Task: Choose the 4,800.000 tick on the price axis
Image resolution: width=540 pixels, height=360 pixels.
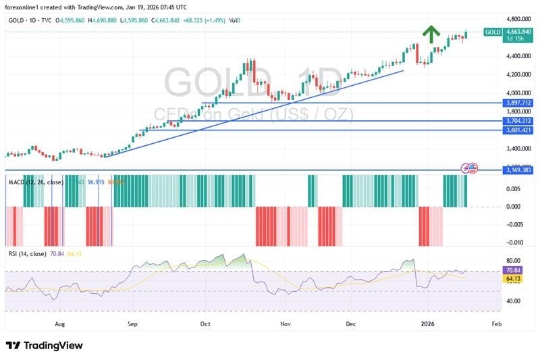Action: pyautogui.click(x=519, y=20)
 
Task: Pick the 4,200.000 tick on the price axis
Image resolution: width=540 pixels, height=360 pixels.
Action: pyautogui.click(x=519, y=74)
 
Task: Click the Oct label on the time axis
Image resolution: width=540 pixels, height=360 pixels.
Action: pyautogui.click(x=205, y=324)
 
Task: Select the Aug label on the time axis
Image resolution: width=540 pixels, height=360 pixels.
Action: pyautogui.click(x=59, y=324)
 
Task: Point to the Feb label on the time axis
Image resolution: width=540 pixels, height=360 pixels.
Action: pyautogui.click(x=496, y=324)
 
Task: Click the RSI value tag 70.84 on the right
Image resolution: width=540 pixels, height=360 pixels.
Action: pyautogui.click(x=514, y=269)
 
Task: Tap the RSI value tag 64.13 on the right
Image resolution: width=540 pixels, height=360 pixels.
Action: pyautogui.click(x=514, y=277)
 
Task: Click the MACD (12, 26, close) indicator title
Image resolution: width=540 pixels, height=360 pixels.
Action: pyautogui.click(x=36, y=182)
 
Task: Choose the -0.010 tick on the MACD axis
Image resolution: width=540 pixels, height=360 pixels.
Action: pyautogui.click(x=516, y=242)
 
